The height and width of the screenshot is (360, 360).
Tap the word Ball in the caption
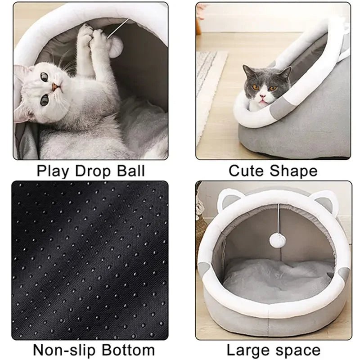(130, 171)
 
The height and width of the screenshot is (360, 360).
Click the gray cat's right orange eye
(271, 88)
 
